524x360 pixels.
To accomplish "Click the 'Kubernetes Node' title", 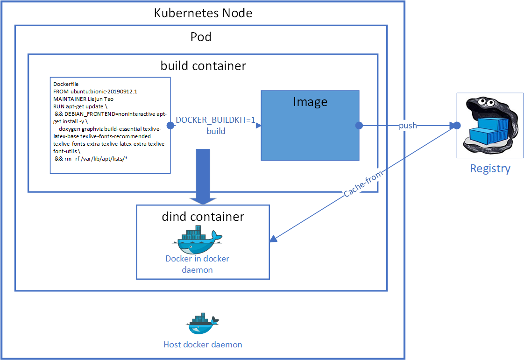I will click(203, 13).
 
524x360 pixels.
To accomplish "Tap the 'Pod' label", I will click(201, 37).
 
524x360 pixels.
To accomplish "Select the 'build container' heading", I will click(203, 66).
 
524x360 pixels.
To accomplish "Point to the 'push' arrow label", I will click(408, 126).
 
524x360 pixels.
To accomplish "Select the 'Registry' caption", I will click(490, 169).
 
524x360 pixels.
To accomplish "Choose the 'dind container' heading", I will click(203, 217).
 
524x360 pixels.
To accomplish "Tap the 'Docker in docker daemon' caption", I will click(197, 264).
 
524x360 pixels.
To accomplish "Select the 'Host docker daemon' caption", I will click(203, 345).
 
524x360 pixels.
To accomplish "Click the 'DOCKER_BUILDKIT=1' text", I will click(215, 120).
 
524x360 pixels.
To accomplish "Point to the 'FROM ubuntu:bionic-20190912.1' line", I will click(95, 92).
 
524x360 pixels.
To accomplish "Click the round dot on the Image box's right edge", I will click(359, 126).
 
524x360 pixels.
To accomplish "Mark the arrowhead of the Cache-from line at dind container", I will click(273, 240).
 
